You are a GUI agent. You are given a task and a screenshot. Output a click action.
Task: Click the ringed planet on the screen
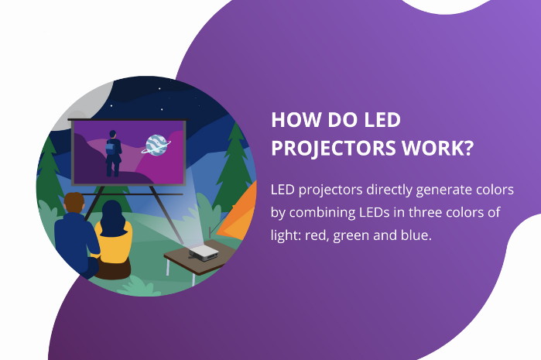(156, 145)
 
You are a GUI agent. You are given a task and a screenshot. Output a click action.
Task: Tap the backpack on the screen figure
(111, 148)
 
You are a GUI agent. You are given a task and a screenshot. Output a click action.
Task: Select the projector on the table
(204, 253)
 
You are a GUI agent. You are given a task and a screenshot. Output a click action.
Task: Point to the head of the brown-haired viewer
(74, 204)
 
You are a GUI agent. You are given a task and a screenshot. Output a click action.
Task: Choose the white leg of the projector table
(168, 266)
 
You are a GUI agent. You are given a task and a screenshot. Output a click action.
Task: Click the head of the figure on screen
(112, 134)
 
